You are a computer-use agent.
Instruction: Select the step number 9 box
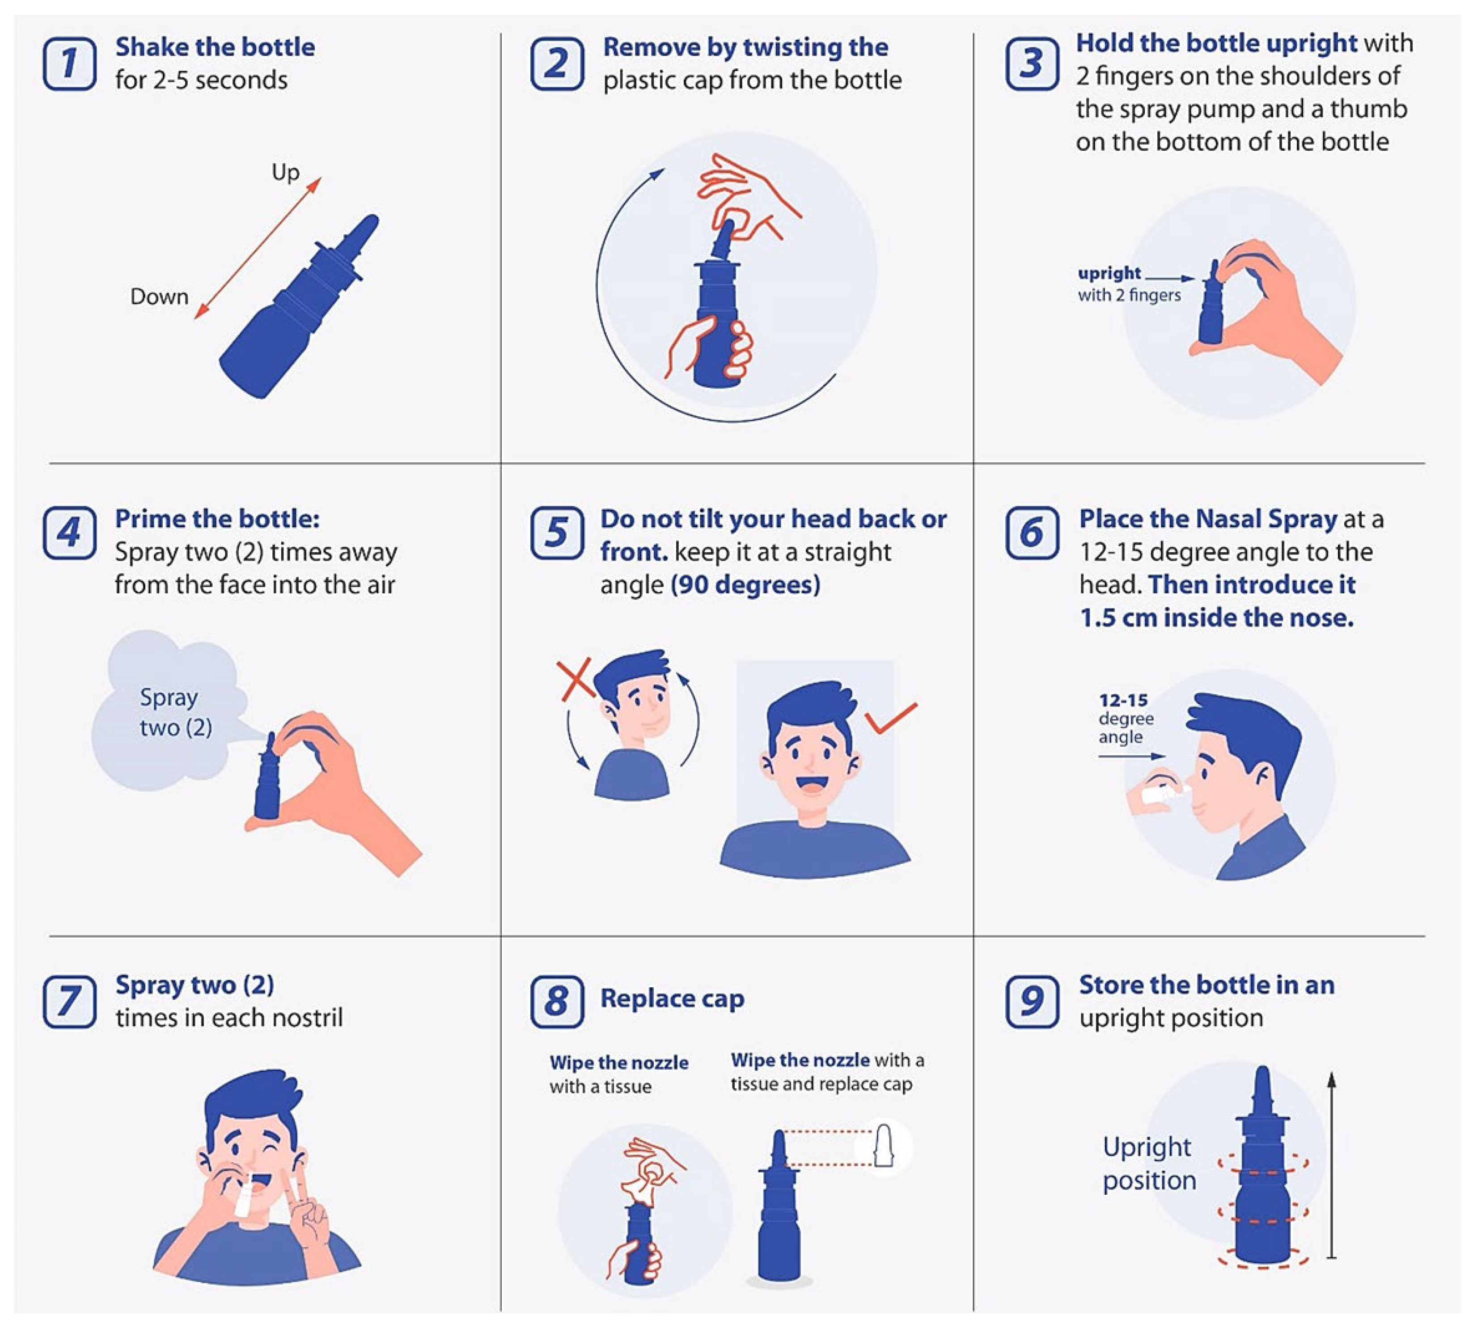click(1032, 1001)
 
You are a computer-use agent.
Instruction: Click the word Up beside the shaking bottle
click(285, 173)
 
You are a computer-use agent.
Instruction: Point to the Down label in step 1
click(159, 296)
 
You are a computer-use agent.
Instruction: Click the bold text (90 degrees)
click(745, 584)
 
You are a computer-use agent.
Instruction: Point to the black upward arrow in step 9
click(1331, 1164)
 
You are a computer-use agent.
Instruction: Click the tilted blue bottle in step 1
click(299, 306)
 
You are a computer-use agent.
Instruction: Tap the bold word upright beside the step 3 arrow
click(1109, 274)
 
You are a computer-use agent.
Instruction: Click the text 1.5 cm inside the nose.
click(1216, 617)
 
